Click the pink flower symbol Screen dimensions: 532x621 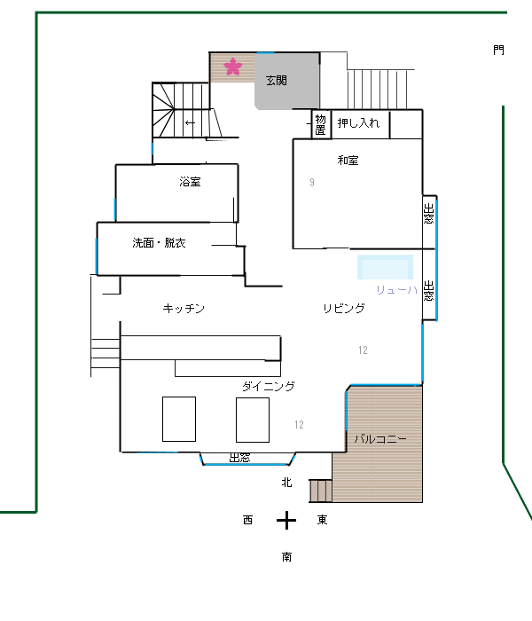point(232,67)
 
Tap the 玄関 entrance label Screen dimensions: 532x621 point(277,81)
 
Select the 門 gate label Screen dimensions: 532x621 point(498,51)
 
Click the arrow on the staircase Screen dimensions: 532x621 point(190,122)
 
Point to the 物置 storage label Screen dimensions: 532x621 point(321,125)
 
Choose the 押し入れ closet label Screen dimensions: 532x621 point(358,123)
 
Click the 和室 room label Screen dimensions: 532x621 point(348,161)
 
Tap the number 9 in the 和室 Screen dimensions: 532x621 point(312,183)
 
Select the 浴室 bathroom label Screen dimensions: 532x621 point(190,182)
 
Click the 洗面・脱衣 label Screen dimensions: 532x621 point(159,243)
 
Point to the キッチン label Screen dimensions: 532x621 point(184,309)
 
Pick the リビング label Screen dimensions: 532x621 point(344,308)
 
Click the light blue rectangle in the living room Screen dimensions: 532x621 point(385,267)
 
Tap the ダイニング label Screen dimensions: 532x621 point(269,386)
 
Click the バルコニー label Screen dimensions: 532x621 point(380,439)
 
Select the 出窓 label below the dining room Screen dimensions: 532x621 point(240,458)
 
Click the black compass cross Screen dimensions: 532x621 point(286,521)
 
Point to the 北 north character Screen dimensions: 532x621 point(286,483)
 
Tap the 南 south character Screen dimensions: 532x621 point(286,557)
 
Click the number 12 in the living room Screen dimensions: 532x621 point(363,350)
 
